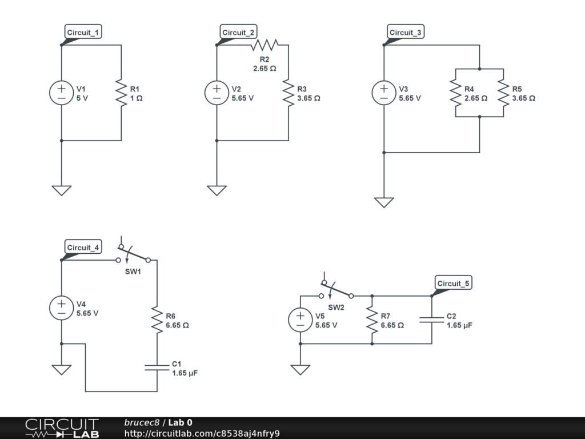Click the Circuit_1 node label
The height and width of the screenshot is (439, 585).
coord(83,33)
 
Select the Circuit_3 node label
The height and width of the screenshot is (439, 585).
coord(405,33)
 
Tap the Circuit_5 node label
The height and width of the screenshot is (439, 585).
coord(453,284)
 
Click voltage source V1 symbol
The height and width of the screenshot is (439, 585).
coord(61,93)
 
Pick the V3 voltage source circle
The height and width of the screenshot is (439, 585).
coord(384,93)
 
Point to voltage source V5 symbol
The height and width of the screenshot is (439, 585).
coord(300,320)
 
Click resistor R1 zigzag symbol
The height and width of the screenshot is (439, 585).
coord(121,93)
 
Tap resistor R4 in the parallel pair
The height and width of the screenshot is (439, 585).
coord(455,93)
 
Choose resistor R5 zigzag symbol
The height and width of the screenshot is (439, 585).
coord(503,93)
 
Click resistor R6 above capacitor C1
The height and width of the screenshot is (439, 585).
coord(157,320)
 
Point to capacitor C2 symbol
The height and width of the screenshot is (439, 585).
coord(432,320)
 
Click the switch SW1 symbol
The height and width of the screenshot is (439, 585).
coord(133,255)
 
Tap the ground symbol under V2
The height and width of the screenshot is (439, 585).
coord(217,190)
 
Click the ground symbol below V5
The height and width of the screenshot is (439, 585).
coord(300,369)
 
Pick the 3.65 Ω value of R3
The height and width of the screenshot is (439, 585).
coord(308,98)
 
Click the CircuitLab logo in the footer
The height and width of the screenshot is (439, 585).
coord(61,428)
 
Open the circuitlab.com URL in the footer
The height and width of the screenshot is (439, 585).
coord(202,433)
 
